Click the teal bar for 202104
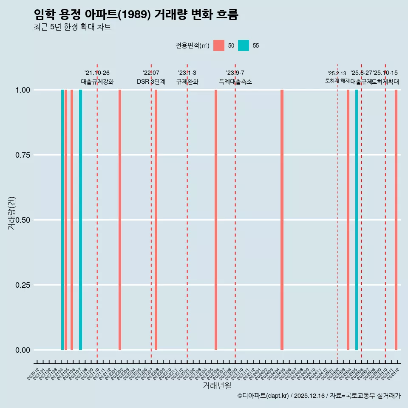click(62, 220)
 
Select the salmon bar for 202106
click(72, 220)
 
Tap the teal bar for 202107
click(80, 220)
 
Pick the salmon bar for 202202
click(120, 220)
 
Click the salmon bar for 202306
click(216, 220)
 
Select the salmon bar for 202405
click(282, 220)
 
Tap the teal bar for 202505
click(357, 220)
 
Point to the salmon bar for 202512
click(396, 220)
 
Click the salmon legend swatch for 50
click(219, 45)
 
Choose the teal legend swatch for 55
click(244, 45)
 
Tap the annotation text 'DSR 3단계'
click(151, 82)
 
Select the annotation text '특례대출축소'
click(235, 82)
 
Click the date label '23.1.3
click(187, 73)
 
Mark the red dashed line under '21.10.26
click(97, 212)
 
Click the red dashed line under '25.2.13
click(337, 212)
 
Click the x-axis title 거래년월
click(217, 385)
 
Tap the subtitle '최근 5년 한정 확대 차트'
click(72, 27)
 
